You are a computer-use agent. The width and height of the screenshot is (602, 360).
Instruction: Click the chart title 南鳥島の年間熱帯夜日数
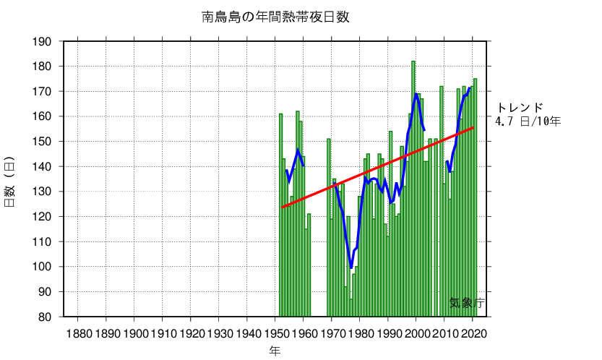pyautogui.click(x=275, y=17)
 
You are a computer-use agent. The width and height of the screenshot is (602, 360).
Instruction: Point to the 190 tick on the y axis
pyautogui.click(x=42, y=41)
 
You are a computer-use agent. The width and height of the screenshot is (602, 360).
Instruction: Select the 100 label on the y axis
pyautogui.click(x=42, y=267)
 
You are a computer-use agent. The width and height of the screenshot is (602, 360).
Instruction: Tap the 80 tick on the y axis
pyautogui.click(x=46, y=317)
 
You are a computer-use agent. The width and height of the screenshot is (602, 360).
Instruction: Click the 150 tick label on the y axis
pyautogui.click(x=42, y=142)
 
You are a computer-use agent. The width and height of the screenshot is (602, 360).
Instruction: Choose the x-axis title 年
pyautogui.click(x=275, y=351)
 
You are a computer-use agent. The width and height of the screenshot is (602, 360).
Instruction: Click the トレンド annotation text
pyautogui.click(x=519, y=108)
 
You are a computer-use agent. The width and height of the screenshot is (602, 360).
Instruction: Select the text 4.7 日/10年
pyautogui.click(x=528, y=121)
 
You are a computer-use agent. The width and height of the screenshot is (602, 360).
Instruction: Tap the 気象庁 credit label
pyautogui.click(x=466, y=304)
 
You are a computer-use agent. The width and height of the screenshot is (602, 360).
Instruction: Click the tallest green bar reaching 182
pyautogui.click(x=413, y=188)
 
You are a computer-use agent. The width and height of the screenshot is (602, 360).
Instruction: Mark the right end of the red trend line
pyautogui.click(x=473, y=127)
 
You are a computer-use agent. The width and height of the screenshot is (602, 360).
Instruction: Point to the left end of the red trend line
pyautogui.click(x=282, y=207)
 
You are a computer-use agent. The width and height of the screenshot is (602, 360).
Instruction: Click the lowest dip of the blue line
pyautogui.click(x=351, y=267)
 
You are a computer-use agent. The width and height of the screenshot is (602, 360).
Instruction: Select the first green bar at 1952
pyautogui.click(x=281, y=217)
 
